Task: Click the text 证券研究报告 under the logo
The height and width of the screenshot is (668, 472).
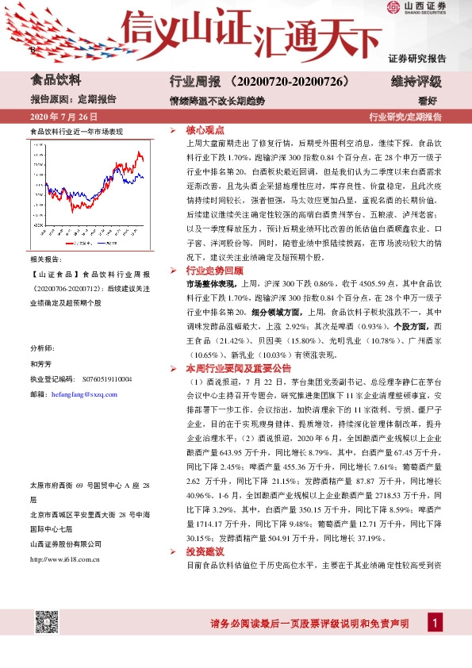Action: pos(416,59)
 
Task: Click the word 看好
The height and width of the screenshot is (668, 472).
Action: pos(428,100)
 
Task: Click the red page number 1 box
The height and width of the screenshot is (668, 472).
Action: pos(434,624)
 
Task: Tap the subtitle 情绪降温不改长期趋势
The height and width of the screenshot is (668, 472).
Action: pos(217,100)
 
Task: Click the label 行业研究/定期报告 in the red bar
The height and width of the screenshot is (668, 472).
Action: pos(405,117)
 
